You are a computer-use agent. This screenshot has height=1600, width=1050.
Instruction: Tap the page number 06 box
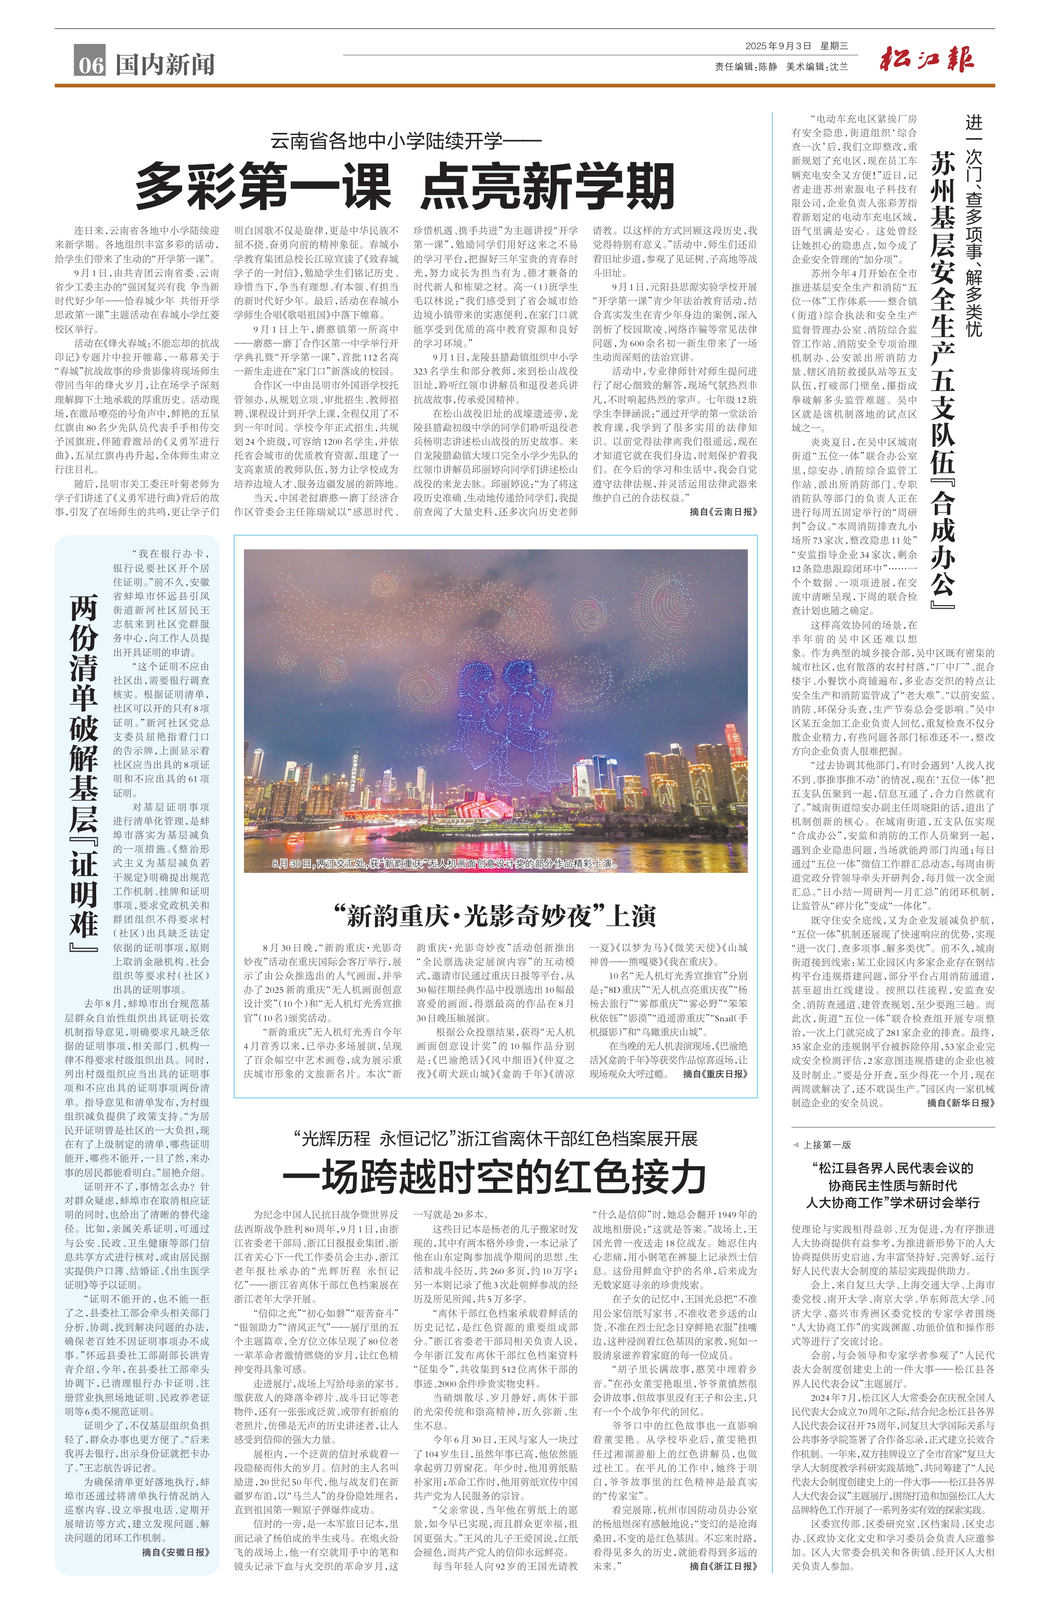coord(90,63)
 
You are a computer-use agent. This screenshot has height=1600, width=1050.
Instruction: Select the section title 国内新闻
coord(165,65)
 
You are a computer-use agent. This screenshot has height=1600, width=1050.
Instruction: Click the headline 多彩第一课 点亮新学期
coord(405,186)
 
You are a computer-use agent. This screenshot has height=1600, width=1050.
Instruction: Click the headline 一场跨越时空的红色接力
coord(495,1176)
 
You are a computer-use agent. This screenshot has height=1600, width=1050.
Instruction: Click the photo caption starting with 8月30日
coord(444,863)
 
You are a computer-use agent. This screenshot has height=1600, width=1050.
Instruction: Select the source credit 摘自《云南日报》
coord(723,511)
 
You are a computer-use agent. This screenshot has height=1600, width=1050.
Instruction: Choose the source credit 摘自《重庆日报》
coord(714,1074)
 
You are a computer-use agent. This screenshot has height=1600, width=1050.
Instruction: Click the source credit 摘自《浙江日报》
coord(723,1566)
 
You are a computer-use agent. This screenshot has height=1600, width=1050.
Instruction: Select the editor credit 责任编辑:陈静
coord(745,67)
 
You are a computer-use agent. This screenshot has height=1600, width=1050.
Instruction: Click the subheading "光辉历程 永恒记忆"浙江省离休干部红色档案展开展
coord(495,1138)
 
